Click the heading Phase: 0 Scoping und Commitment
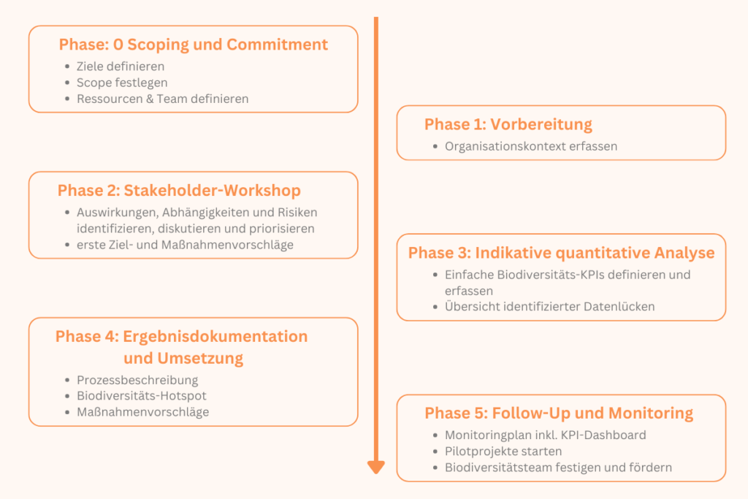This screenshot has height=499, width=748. tap(193, 45)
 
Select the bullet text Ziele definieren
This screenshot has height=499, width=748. tap(121, 66)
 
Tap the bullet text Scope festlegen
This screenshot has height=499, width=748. tap(122, 83)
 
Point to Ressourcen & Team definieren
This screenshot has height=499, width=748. tap(163, 99)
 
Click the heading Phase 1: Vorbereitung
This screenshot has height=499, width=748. tap(508, 124)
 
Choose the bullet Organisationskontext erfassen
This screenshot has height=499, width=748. tap(531, 146)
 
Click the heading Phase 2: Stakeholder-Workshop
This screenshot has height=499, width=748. tap(179, 191)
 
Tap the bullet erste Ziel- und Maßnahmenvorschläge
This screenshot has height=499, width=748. tap(185, 245)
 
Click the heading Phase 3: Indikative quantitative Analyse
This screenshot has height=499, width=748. tap(561, 253)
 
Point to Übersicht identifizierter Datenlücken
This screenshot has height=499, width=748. tap(549, 306)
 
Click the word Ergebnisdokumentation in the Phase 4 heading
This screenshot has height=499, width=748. tap(215, 336)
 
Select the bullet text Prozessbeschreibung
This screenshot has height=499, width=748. tap(137, 380)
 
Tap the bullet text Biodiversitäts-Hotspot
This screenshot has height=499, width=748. tap(142, 395)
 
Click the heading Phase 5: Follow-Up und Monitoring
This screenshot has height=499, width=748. tap(559, 413)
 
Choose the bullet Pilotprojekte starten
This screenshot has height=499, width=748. tap(503, 452)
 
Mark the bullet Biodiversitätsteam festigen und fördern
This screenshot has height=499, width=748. tap(558, 468)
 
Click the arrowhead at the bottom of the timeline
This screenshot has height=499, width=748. tap(376, 467)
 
